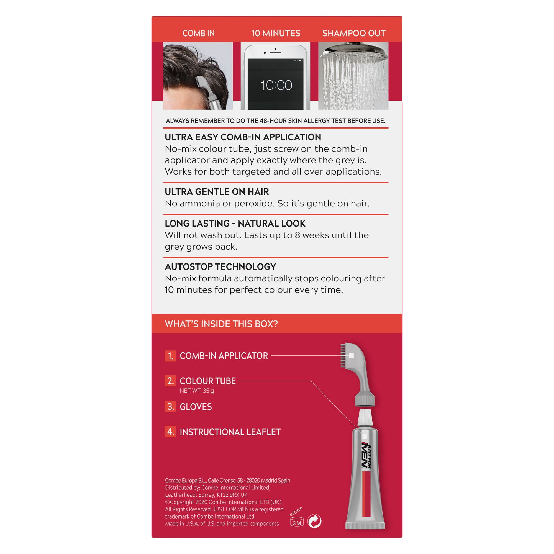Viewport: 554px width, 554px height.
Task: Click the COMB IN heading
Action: tap(198, 33)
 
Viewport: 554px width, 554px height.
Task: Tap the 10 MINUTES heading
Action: tap(276, 33)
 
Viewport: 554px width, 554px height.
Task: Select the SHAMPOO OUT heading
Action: tap(353, 33)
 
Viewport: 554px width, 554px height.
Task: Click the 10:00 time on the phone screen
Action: tap(276, 85)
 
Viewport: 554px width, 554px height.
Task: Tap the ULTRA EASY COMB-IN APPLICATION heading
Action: tap(243, 137)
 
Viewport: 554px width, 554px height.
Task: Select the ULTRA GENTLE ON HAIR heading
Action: tap(217, 192)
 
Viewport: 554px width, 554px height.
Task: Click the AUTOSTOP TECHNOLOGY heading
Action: tap(220, 267)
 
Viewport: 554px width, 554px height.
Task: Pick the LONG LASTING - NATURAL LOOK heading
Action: tap(235, 223)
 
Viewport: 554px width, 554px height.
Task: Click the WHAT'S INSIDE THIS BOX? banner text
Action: tap(221, 324)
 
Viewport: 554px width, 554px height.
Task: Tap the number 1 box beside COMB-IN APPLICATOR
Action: tap(170, 356)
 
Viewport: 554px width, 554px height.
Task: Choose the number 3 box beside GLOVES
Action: tap(170, 407)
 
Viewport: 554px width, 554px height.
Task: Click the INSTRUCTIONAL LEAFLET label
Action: tap(230, 432)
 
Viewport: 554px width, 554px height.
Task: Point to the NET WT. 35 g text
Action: tap(197, 391)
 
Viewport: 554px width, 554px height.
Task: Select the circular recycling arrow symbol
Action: tap(314, 521)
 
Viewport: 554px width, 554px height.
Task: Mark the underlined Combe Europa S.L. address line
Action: tap(227, 480)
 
